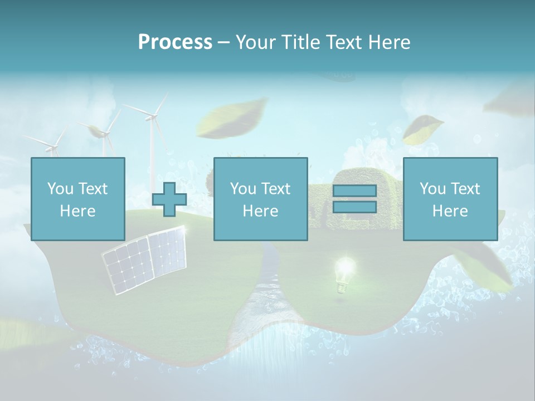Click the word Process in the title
(175, 42)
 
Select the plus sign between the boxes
(169, 199)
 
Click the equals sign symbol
(354, 199)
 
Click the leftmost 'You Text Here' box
(78, 199)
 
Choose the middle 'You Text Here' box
(260, 199)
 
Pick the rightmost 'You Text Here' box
(450, 199)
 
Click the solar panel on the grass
(144, 260)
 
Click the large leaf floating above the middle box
(231, 118)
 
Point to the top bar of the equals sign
(354, 191)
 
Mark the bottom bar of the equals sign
(354, 207)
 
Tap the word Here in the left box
(78, 211)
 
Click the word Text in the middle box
(275, 188)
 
